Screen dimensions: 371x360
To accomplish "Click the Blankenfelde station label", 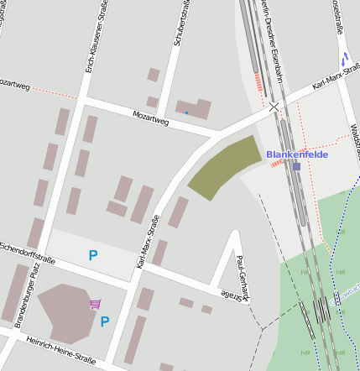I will (x=297, y=154).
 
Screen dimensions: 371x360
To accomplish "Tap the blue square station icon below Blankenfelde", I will (x=297, y=166).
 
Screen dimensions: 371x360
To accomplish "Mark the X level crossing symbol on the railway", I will (x=274, y=107).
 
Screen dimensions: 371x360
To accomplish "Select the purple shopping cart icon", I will (x=96, y=304).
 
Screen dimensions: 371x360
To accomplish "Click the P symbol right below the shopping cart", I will (x=105, y=321).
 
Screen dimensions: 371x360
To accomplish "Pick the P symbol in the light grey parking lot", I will (x=92, y=255).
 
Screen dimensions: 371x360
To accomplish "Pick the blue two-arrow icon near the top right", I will (x=345, y=59).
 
